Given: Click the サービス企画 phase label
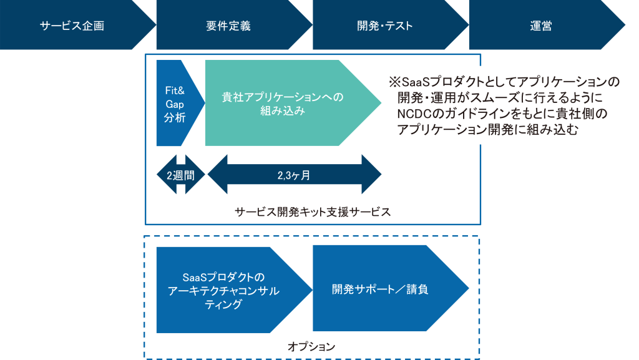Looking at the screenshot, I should click(72, 26).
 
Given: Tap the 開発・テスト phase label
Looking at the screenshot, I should click(385, 26).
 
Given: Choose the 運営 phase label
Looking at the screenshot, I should click(541, 26).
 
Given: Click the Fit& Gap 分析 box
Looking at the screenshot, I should click(175, 103).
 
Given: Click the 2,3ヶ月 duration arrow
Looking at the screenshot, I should click(294, 175).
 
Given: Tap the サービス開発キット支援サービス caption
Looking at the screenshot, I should click(313, 212).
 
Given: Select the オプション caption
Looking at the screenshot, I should click(311, 346).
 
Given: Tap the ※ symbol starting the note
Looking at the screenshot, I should click(394, 82).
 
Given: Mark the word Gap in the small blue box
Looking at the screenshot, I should click(175, 103).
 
